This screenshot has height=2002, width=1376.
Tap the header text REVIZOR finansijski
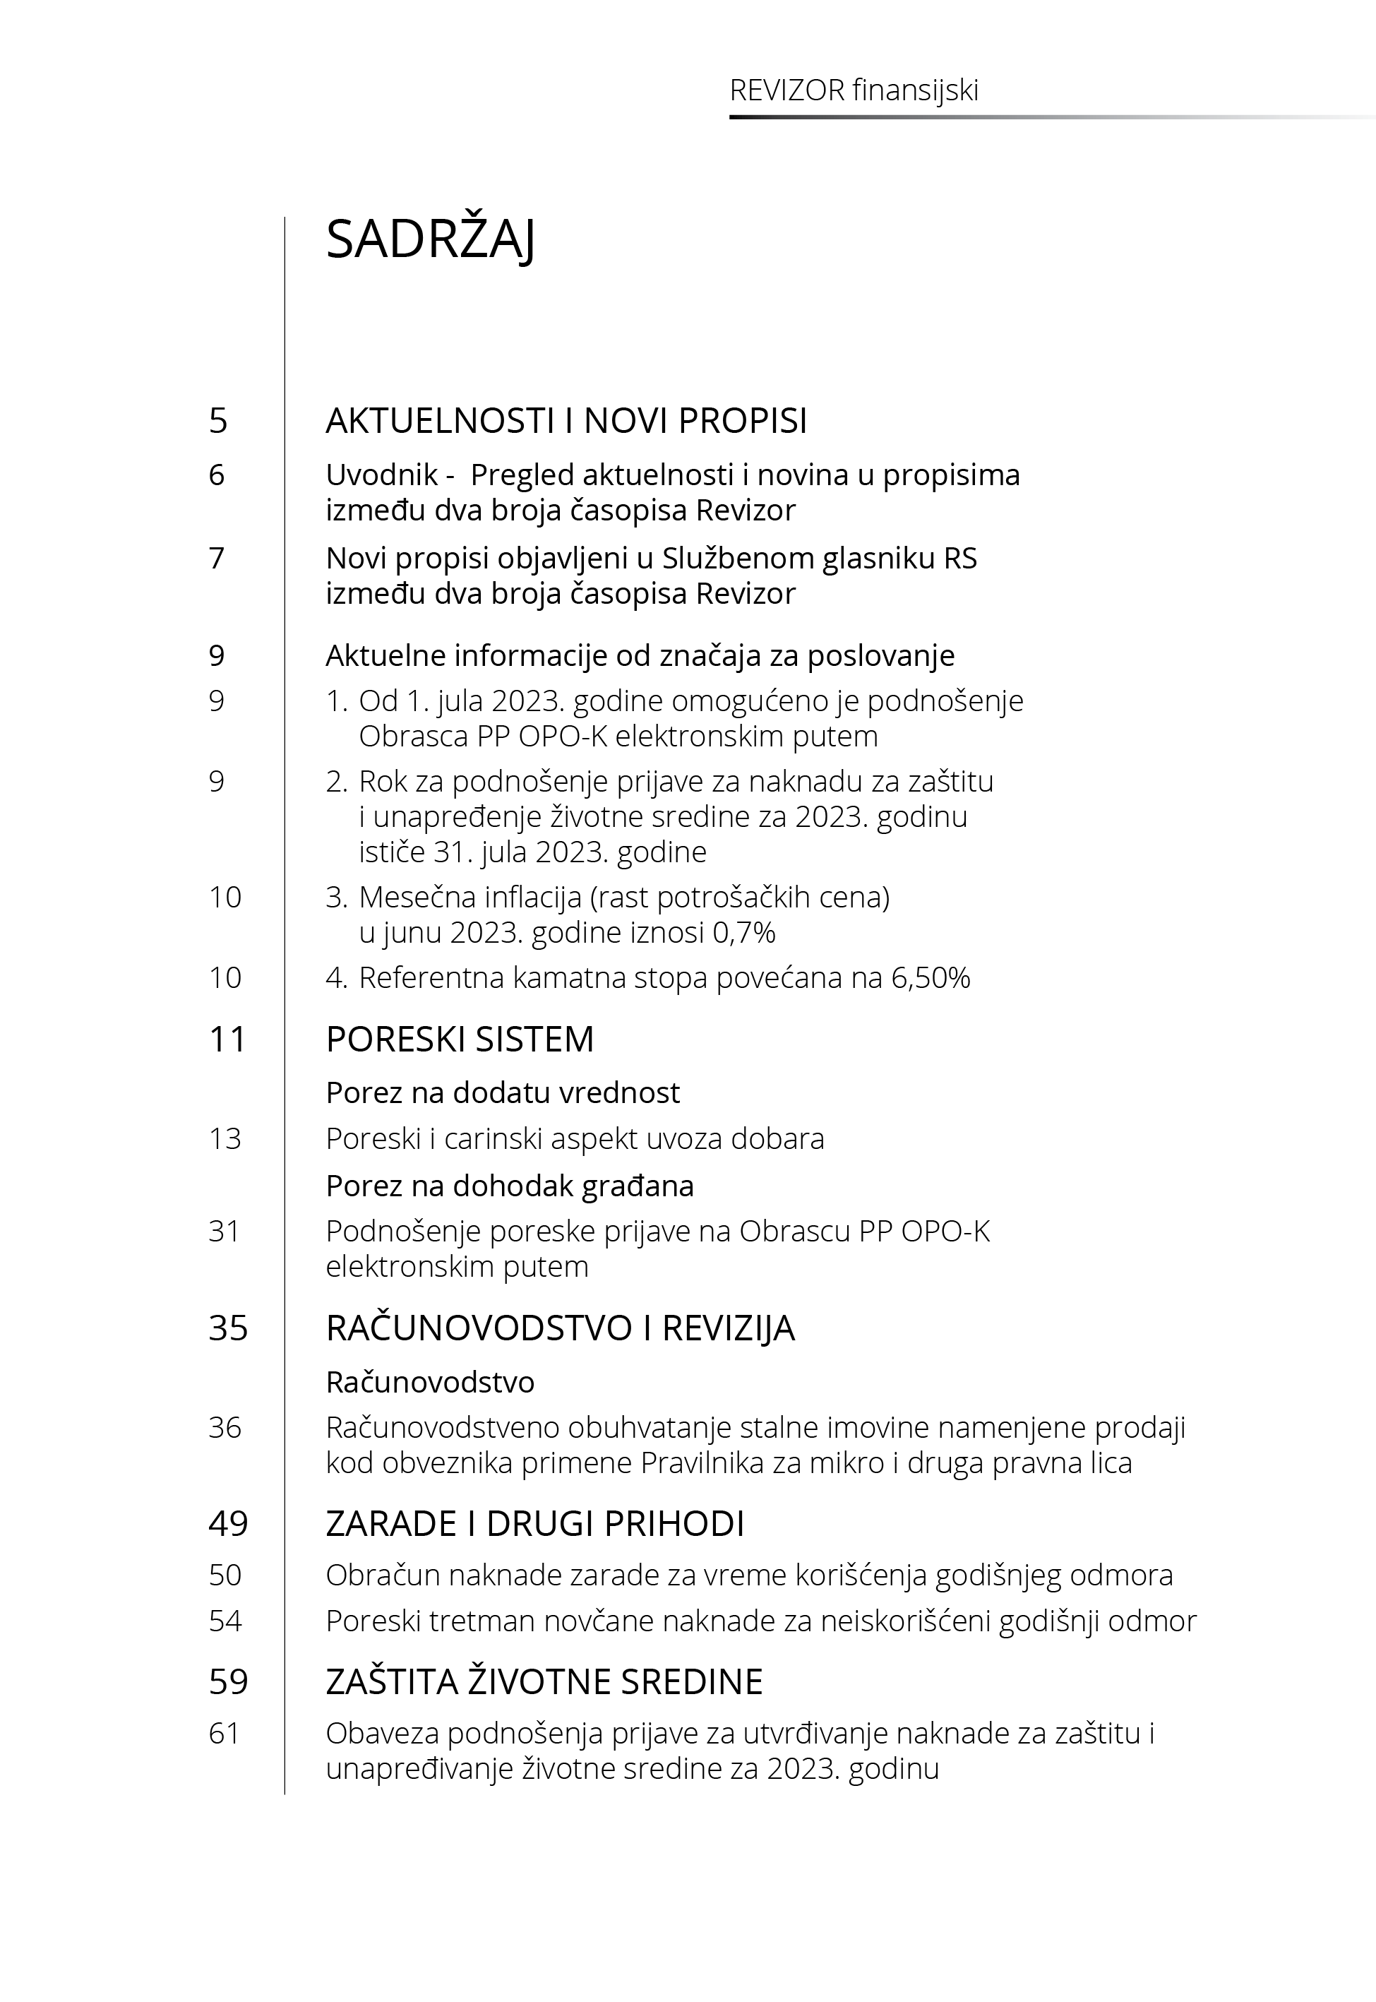854,90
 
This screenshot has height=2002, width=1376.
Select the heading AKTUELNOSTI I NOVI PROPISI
566,421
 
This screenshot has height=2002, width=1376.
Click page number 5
218,421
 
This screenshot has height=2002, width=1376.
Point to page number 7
217,559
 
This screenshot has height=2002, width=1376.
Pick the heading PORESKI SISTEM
460,1039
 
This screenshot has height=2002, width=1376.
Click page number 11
227,1039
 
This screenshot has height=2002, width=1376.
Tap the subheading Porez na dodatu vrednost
503,1092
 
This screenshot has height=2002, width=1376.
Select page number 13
225,1139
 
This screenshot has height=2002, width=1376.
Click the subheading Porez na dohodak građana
510,1186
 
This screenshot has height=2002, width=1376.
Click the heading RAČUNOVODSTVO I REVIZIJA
560,1328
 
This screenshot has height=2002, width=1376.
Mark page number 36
225,1427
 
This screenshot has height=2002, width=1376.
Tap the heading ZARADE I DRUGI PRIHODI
534,1523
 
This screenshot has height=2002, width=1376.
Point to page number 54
225,1621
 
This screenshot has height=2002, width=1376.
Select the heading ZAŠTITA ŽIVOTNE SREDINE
544,1681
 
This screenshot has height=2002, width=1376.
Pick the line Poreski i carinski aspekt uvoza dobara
574,1139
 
